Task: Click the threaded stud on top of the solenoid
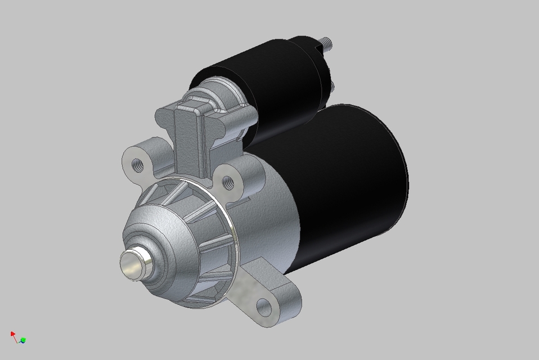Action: [326, 42]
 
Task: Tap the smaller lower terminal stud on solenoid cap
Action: [333, 85]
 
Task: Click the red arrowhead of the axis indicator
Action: [13, 334]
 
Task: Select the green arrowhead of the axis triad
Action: [24, 340]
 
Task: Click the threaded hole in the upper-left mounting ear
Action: [136, 164]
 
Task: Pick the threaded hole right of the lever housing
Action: [228, 182]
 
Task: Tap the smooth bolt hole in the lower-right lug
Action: [263, 307]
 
